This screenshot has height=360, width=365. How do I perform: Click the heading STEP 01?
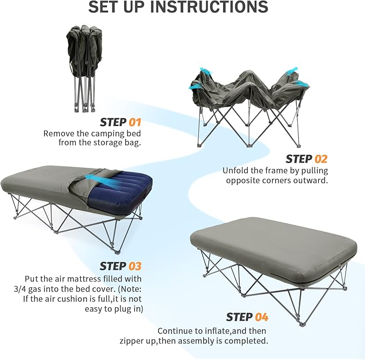(120, 122)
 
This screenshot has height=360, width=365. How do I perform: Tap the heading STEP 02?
(306, 159)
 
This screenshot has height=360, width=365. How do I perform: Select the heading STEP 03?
(120, 266)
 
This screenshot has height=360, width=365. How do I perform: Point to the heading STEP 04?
(247, 317)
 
